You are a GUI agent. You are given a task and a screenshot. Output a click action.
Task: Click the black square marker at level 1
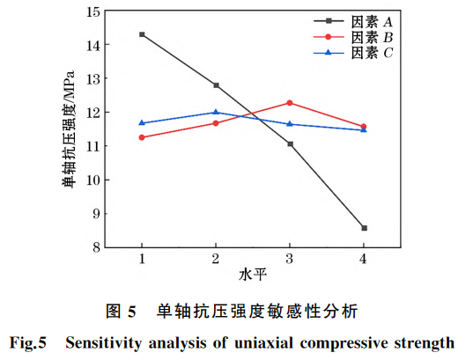[142, 34]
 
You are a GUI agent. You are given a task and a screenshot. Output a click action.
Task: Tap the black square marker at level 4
[364, 228]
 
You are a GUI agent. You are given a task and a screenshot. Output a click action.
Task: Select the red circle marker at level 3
[290, 103]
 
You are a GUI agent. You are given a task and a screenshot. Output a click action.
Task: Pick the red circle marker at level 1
[142, 137]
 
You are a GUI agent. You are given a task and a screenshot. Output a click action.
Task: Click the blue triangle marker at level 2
[216, 112]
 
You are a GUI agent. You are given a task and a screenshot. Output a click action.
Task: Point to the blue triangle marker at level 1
[142, 123]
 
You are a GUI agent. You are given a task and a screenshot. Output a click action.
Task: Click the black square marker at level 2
[216, 85]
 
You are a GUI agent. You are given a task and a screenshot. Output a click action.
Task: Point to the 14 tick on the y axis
[90, 44]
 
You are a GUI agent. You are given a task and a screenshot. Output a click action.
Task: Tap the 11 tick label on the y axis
[90, 146]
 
